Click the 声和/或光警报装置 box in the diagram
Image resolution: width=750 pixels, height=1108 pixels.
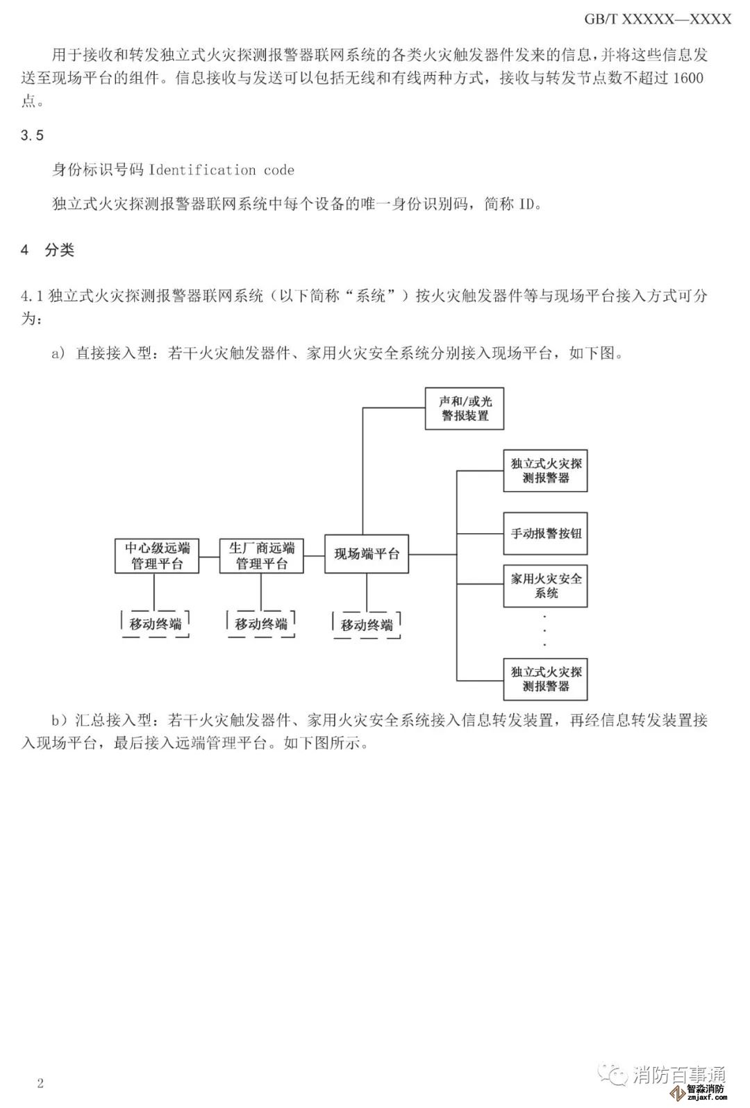(464, 408)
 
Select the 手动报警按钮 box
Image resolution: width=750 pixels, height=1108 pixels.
(545, 534)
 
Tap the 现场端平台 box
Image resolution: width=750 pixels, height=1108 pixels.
(367, 554)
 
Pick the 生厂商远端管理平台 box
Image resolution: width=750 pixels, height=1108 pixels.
(262, 555)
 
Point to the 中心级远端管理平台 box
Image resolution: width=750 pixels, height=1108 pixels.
(157, 555)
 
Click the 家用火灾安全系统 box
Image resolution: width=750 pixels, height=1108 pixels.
(545, 586)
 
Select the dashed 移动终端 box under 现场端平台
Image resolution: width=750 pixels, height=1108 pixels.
(367, 625)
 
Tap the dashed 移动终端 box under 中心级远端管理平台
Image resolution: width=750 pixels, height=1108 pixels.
(156, 623)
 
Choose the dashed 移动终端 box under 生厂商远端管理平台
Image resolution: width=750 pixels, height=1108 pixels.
(261, 623)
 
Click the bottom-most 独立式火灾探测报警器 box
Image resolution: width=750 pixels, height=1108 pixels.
(545, 679)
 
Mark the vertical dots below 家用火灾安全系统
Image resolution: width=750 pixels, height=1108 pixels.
(544, 631)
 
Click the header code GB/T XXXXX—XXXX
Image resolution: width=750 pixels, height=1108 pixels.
(657, 19)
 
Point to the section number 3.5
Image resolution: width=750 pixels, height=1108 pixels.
(32, 135)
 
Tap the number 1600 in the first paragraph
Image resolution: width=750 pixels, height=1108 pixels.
(687, 78)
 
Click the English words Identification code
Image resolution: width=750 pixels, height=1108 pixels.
(222, 170)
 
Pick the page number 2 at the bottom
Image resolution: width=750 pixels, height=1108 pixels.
(40, 1083)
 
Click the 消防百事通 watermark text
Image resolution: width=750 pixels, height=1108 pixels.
(678, 1075)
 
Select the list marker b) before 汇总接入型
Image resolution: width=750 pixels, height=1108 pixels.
(60, 721)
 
